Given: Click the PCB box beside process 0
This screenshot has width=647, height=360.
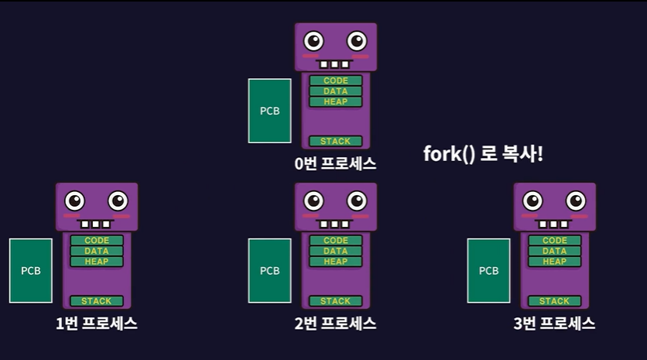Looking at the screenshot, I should point(269,111).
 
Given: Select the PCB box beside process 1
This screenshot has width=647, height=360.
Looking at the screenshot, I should point(31,270).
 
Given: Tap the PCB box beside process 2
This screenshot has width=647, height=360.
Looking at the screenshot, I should point(269,270).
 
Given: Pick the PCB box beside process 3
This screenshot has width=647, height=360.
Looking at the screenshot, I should point(488,270).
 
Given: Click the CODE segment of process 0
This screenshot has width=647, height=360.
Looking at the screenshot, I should point(336,81).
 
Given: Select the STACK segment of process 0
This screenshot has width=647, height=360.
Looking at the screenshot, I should point(336,141).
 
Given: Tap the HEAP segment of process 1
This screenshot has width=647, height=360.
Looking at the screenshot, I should point(97,262).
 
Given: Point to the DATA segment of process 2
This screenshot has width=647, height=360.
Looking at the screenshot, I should point(336,251).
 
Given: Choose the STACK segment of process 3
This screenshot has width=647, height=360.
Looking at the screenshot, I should point(554,301).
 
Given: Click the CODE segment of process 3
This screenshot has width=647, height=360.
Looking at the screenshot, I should point(554,241).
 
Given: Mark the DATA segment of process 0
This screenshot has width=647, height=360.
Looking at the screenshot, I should point(336,91).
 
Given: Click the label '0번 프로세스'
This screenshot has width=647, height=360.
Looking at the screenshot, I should point(335,164).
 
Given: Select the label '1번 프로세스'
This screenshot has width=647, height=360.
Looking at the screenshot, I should point(97,324).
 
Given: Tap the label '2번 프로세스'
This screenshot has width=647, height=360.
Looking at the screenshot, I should point(335,324).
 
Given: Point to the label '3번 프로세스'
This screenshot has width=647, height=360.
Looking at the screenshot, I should point(554,324).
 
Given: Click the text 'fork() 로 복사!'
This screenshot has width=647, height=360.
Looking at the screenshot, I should point(483,153).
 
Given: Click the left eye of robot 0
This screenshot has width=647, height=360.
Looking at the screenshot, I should point(314,40).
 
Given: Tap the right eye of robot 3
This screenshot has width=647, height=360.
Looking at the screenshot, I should point(576,201).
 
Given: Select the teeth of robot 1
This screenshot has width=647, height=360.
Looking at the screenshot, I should point(97,225).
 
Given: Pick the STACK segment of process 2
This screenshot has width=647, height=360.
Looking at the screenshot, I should point(336,301).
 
